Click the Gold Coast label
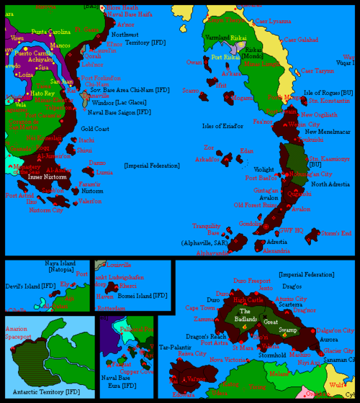[x=94, y=128]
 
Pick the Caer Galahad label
[x=297, y=38]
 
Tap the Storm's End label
[x=336, y=233]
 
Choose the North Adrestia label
[x=330, y=184]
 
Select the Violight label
[x=264, y=169]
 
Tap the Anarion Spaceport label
[x=20, y=332]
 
